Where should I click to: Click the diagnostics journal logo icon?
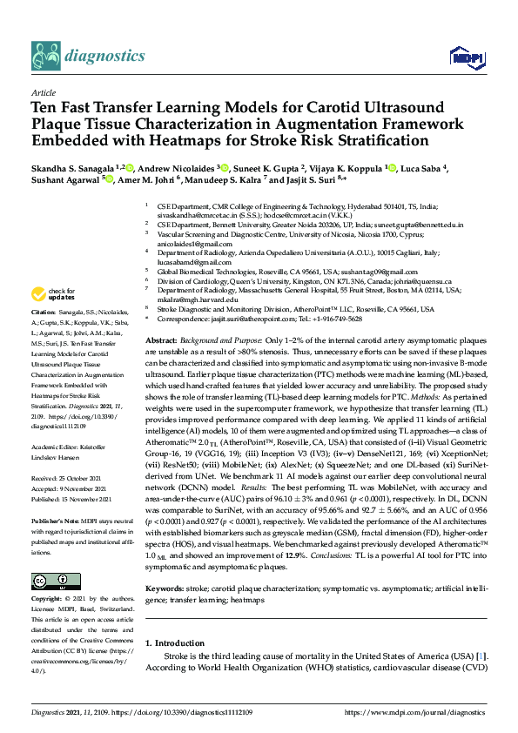point(45,55)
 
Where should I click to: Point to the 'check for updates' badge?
point(53,293)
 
